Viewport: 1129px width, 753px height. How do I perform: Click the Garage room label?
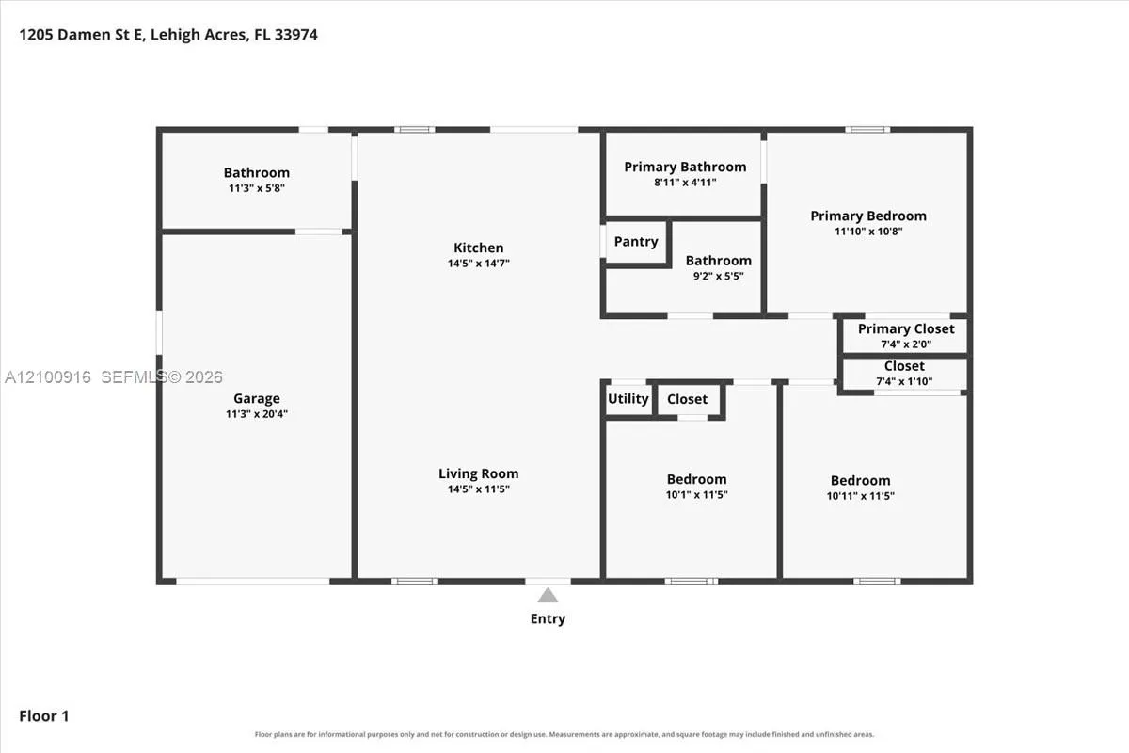(x=257, y=398)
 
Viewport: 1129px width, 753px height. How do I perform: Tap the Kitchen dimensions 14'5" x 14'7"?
(x=478, y=264)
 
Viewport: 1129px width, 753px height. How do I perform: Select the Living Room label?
(x=478, y=473)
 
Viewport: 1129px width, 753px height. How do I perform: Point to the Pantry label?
(x=636, y=242)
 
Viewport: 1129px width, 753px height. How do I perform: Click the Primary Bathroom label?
(x=685, y=167)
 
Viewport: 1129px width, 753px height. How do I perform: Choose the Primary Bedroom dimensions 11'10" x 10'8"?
(x=868, y=232)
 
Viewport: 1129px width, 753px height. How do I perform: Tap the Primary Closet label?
(x=906, y=328)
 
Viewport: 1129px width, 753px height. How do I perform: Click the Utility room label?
(x=628, y=399)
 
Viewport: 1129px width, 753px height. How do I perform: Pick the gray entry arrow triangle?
(x=548, y=595)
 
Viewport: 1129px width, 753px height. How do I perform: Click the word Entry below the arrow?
(x=548, y=618)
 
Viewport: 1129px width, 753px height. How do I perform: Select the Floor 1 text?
(x=44, y=716)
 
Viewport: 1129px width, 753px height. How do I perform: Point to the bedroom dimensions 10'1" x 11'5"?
(x=696, y=495)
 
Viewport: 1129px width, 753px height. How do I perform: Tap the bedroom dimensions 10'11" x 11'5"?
(x=860, y=496)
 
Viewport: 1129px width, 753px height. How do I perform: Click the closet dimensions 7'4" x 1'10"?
(x=904, y=381)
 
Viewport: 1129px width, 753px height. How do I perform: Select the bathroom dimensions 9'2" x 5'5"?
(x=718, y=276)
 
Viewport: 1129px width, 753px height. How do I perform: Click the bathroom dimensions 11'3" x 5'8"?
(x=257, y=188)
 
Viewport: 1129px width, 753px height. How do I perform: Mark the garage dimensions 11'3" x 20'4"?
(x=257, y=414)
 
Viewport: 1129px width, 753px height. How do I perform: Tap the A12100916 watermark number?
(x=48, y=376)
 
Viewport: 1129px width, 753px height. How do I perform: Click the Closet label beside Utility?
(x=687, y=399)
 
